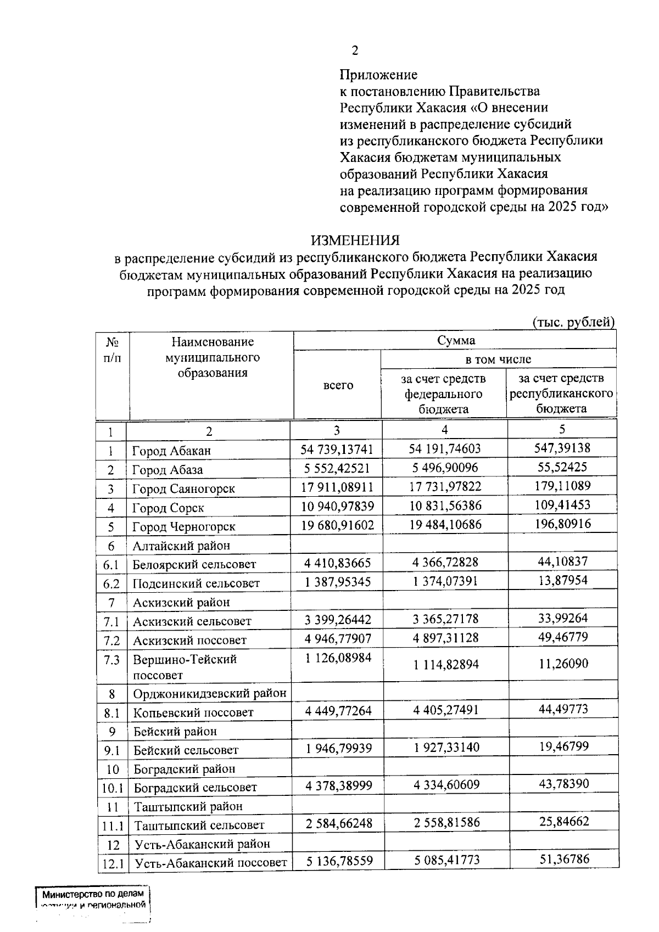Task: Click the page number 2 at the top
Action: (x=355, y=50)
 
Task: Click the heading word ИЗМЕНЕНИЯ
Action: (x=355, y=240)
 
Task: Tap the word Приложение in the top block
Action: (x=378, y=75)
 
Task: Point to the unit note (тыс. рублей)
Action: (x=574, y=322)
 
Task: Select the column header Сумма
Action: (x=456, y=340)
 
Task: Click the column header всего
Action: (x=338, y=385)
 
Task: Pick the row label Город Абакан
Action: (x=171, y=451)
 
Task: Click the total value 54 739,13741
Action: (x=337, y=450)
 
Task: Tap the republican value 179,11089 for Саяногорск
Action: (x=562, y=486)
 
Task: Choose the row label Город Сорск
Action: (x=168, y=508)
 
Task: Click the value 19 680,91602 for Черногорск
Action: (x=337, y=525)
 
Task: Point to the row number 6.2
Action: (x=111, y=583)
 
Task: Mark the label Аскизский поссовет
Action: (x=189, y=641)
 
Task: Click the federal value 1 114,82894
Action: (x=446, y=665)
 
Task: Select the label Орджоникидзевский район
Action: (x=210, y=694)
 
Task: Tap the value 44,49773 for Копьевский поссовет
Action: (x=563, y=709)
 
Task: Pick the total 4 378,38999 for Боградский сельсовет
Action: (x=338, y=786)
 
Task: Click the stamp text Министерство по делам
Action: (x=92, y=894)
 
